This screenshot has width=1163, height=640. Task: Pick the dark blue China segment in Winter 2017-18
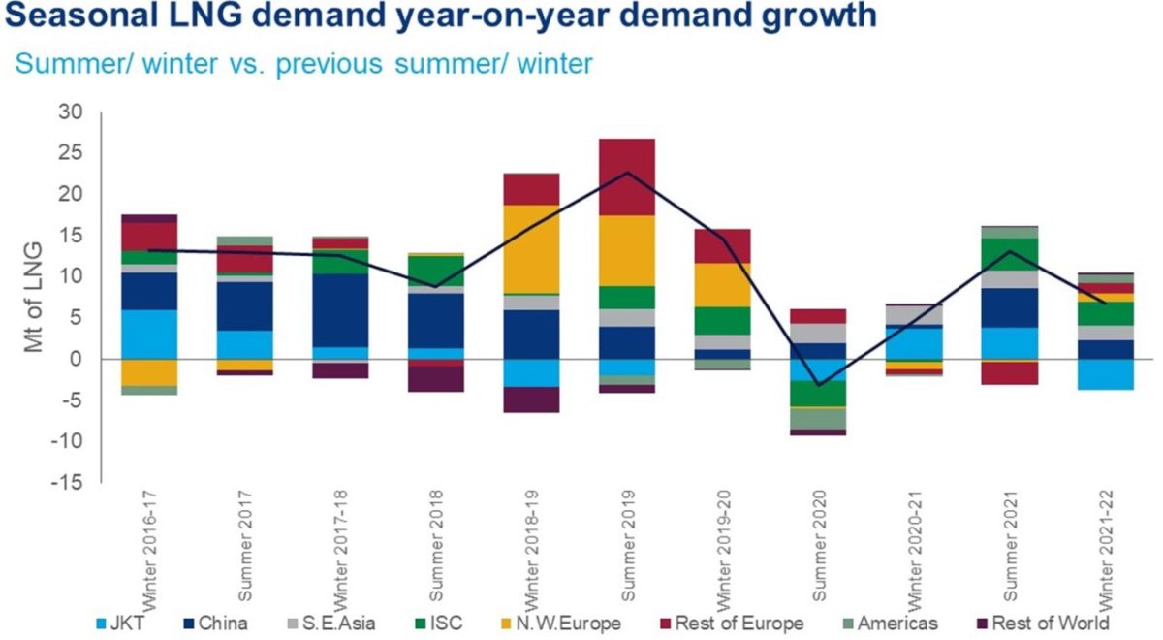340,310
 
